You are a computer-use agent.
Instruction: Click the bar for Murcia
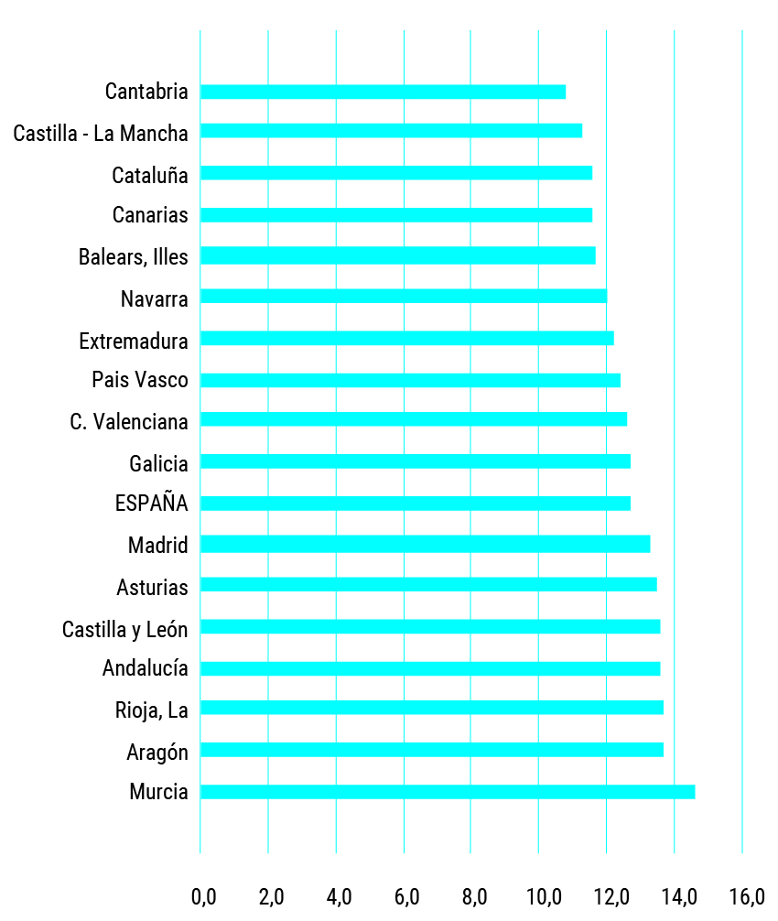[x=447, y=792]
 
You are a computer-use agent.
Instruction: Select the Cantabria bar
[x=383, y=92]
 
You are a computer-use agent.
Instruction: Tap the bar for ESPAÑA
[x=415, y=504]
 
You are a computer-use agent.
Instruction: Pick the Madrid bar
[x=425, y=544]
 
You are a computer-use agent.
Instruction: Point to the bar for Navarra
[x=403, y=297]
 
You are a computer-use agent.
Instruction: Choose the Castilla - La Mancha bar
[x=391, y=131]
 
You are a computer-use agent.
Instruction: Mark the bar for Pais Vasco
[x=410, y=380]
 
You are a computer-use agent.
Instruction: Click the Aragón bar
[x=431, y=750]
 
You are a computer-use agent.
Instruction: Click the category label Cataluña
[x=150, y=175]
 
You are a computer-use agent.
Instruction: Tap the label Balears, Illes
[x=134, y=257]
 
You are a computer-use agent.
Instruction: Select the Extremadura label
[x=134, y=341]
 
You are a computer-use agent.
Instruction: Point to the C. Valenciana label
[x=129, y=422]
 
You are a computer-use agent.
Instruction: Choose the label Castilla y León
[x=125, y=629]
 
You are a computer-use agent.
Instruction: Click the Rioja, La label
[x=152, y=710]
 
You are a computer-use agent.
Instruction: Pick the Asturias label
[x=153, y=587]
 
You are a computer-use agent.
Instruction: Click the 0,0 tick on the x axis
[x=203, y=895]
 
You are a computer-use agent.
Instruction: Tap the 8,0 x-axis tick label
[x=474, y=895]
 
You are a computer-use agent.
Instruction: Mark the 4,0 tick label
[x=339, y=895]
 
